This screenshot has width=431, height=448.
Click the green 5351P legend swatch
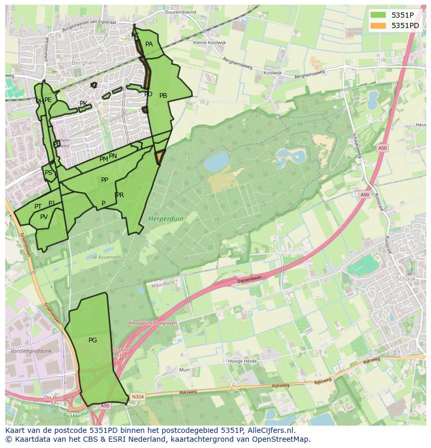pyautogui.click(x=378, y=15)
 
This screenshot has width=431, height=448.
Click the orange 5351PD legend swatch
pyautogui.click(x=378, y=25)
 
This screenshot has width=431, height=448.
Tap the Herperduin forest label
pyautogui.click(x=166, y=219)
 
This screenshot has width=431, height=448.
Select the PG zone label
pyautogui.click(x=93, y=340)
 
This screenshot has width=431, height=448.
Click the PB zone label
pyautogui.click(x=163, y=96)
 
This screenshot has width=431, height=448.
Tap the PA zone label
pyautogui.click(x=149, y=44)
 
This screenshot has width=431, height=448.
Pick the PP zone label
pyautogui.click(x=105, y=180)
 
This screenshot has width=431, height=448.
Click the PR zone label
pyautogui.click(x=120, y=195)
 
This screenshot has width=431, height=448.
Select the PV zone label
pyautogui.click(x=44, y=217)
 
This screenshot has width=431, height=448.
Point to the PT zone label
pyautogui.click(x=38, y=207)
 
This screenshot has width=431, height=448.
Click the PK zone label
pyautogui.click(x=83, y=104)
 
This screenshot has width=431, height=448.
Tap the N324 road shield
pyautogui.click(x=137, y=396)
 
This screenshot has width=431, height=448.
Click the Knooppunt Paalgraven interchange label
pyautogui.click(x=154, y=323)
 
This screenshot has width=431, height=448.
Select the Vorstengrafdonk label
pyautogui.click(x=31, y=351)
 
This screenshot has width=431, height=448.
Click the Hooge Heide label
pyautogui.click(x=243, y=361)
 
